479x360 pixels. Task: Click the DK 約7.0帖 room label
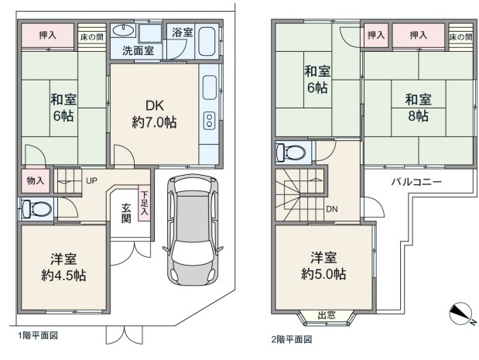click(x=154, y=115)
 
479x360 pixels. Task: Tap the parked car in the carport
click(x=193, y=230)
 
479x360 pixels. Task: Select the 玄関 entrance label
click(x=126, y=213)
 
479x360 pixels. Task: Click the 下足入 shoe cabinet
click(x=145, y=203)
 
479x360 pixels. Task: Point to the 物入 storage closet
click(x=36, y=180)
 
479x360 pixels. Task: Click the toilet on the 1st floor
click(x=36, y=209)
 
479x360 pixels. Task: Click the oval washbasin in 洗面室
click(x=123, y=30)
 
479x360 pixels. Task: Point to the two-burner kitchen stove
click(x=210, y=120)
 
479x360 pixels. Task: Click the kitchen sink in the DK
click(x=210, y=87)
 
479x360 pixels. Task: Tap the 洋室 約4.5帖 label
click(x=63, y=267)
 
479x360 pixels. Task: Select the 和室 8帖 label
click(x=418, y=108)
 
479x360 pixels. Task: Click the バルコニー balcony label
click(x=416, y=182)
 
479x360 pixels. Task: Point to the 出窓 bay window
click(x=327, y=318)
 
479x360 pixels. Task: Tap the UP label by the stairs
click(x=91, y=181)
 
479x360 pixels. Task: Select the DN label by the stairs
click(x=332, y=209)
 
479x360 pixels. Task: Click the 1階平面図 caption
click(x=38, y=335)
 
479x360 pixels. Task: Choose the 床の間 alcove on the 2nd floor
click(x=461, y=36)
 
